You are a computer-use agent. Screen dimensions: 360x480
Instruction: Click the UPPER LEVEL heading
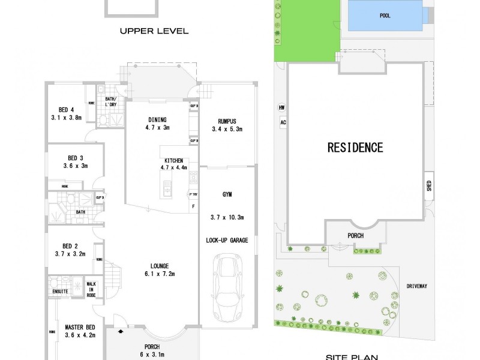[154, 31]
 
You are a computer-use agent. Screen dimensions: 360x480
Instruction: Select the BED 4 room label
[66, 109]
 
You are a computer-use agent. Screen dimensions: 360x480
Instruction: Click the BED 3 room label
[75, 158]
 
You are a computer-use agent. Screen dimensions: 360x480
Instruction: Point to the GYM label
[227, 195]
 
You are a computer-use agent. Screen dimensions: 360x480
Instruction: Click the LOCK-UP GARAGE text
[227, 240]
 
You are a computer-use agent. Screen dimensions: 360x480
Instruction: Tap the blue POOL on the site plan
[385, 16]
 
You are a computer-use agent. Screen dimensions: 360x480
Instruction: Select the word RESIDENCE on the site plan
[355, 146]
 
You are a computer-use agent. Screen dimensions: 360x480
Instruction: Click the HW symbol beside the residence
[281, 108]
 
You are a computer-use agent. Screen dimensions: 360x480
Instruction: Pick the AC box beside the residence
[281, 122]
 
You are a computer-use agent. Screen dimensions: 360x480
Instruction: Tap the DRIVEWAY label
[432, 286]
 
